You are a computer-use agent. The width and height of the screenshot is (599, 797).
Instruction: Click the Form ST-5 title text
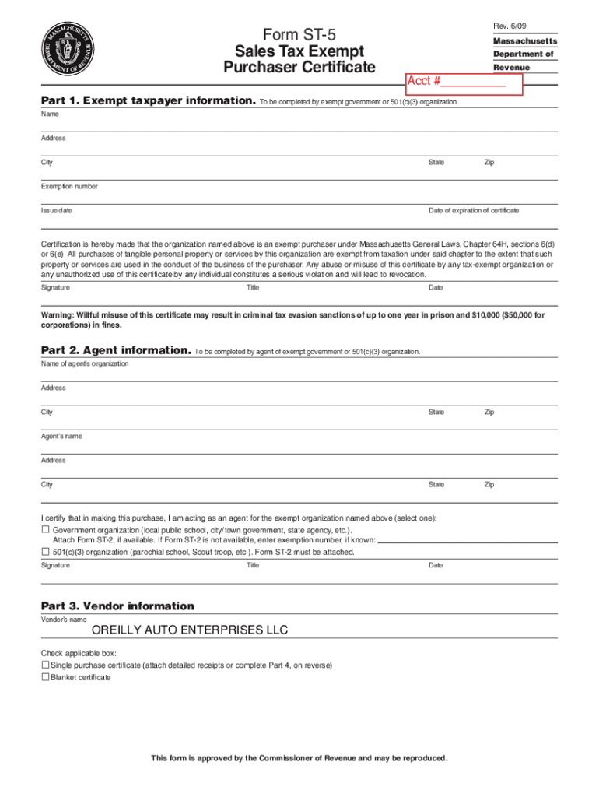299,35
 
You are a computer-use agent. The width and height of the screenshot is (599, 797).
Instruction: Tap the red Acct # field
465,82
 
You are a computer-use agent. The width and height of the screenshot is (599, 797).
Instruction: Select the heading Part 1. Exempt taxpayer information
148,101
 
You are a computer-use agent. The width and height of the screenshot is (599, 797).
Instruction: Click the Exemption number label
69,187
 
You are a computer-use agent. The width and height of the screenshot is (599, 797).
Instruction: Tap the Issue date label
57,211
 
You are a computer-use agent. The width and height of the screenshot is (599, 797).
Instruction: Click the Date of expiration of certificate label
474,211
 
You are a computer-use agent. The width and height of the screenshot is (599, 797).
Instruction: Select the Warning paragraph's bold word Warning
58,315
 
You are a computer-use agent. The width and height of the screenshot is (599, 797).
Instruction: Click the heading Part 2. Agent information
115,350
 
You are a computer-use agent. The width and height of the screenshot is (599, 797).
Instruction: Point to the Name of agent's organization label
85,363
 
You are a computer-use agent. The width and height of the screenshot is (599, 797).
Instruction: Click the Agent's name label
61,436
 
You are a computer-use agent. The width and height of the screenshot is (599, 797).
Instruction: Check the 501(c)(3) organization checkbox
45,552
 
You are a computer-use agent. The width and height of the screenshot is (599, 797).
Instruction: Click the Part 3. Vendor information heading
117,606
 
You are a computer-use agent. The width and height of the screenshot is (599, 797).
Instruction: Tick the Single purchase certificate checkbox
44,665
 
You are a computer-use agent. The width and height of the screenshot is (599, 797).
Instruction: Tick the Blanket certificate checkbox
44,677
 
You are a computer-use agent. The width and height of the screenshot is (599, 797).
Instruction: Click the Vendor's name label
64,620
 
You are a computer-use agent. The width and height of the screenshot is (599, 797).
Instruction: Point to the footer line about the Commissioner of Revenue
299,758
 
